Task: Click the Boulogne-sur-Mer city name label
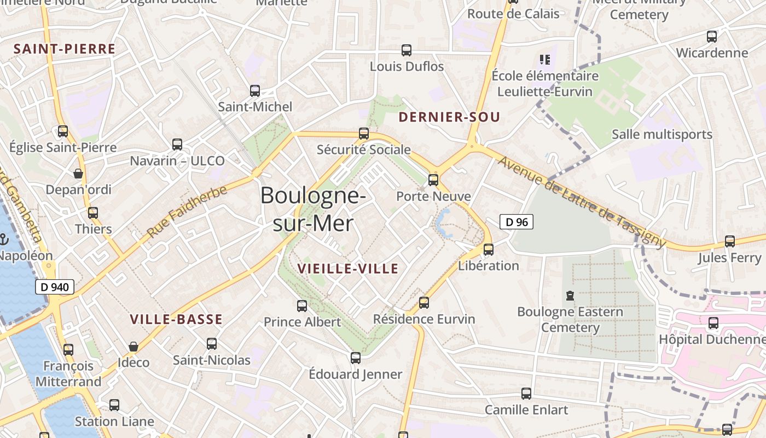tap(313, 209)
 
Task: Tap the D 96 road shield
tap(516, 222)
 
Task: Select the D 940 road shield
tap(55, 286)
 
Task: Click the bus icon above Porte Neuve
tap(433, 180)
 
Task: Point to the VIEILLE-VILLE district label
tap(348, 268)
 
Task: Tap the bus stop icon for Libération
tap(489, 250)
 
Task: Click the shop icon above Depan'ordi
tap(78, 174)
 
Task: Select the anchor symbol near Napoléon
tap(4, 239)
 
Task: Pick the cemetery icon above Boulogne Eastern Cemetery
tap(570, 296)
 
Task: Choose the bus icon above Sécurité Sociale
tap(364, 134)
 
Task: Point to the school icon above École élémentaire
tap(544, 59)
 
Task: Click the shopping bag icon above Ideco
tap(133, 347)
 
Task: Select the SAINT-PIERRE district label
tap(65, 49)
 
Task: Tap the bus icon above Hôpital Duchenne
tap(713, 323)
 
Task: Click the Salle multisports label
tap(661, 134)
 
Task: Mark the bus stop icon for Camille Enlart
tap(526, 393)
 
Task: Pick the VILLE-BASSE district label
tap(176, 319)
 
